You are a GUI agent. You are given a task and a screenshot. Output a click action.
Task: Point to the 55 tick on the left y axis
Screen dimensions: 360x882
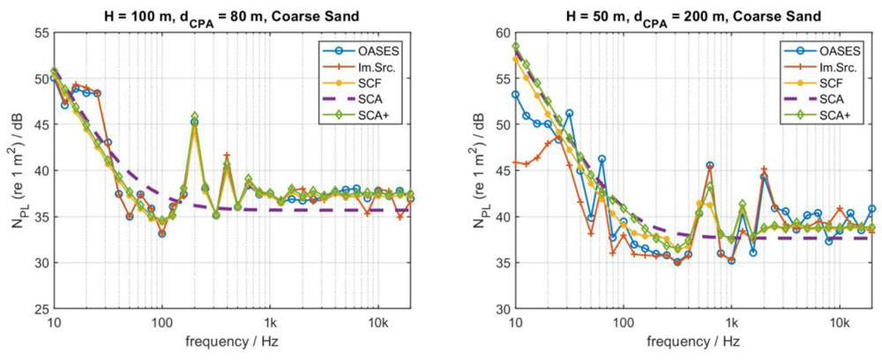click(x=40, y=33)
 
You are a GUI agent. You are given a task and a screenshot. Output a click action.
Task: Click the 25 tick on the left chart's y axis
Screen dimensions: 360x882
click(x=40, y=310)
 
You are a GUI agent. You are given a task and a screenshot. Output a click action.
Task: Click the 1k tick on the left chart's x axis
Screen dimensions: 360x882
click(x=270, y=323)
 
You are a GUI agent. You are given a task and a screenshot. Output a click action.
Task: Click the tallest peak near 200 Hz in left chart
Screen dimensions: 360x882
click(x=194, y=116)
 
